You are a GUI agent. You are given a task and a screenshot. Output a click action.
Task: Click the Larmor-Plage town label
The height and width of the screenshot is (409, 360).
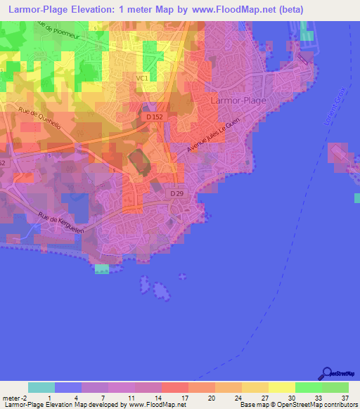point(238,100)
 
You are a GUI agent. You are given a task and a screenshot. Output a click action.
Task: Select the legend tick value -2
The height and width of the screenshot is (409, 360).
point(20,397)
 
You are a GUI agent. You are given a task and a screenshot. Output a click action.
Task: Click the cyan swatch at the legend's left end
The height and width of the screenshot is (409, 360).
point(41,387)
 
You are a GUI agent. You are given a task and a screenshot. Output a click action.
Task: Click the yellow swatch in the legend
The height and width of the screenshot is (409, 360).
point(281,387)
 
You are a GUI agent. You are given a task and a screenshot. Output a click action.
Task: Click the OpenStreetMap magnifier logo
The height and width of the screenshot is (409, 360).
point(326,373)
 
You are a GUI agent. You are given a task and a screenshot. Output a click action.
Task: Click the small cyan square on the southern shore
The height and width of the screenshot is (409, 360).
point(102,269)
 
